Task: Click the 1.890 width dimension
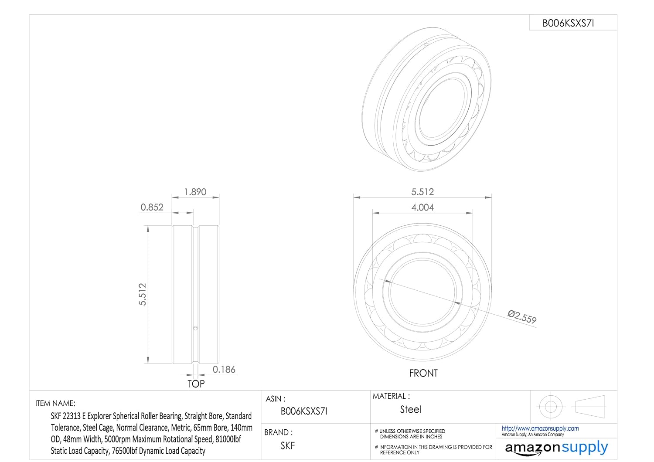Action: tap(195, 192)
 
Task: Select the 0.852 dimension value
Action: tap(152, 207)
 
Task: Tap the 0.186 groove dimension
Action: tap(224, 370)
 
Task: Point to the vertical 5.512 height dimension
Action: tap(142, 294)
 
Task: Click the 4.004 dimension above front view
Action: tap(422, 207)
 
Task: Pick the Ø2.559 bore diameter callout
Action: tap(522, 317)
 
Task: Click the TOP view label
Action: tap(196, 384)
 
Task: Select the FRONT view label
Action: tap(423, 373)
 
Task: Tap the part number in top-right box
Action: tap(568, 23)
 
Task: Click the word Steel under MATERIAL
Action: tap(411, 409)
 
